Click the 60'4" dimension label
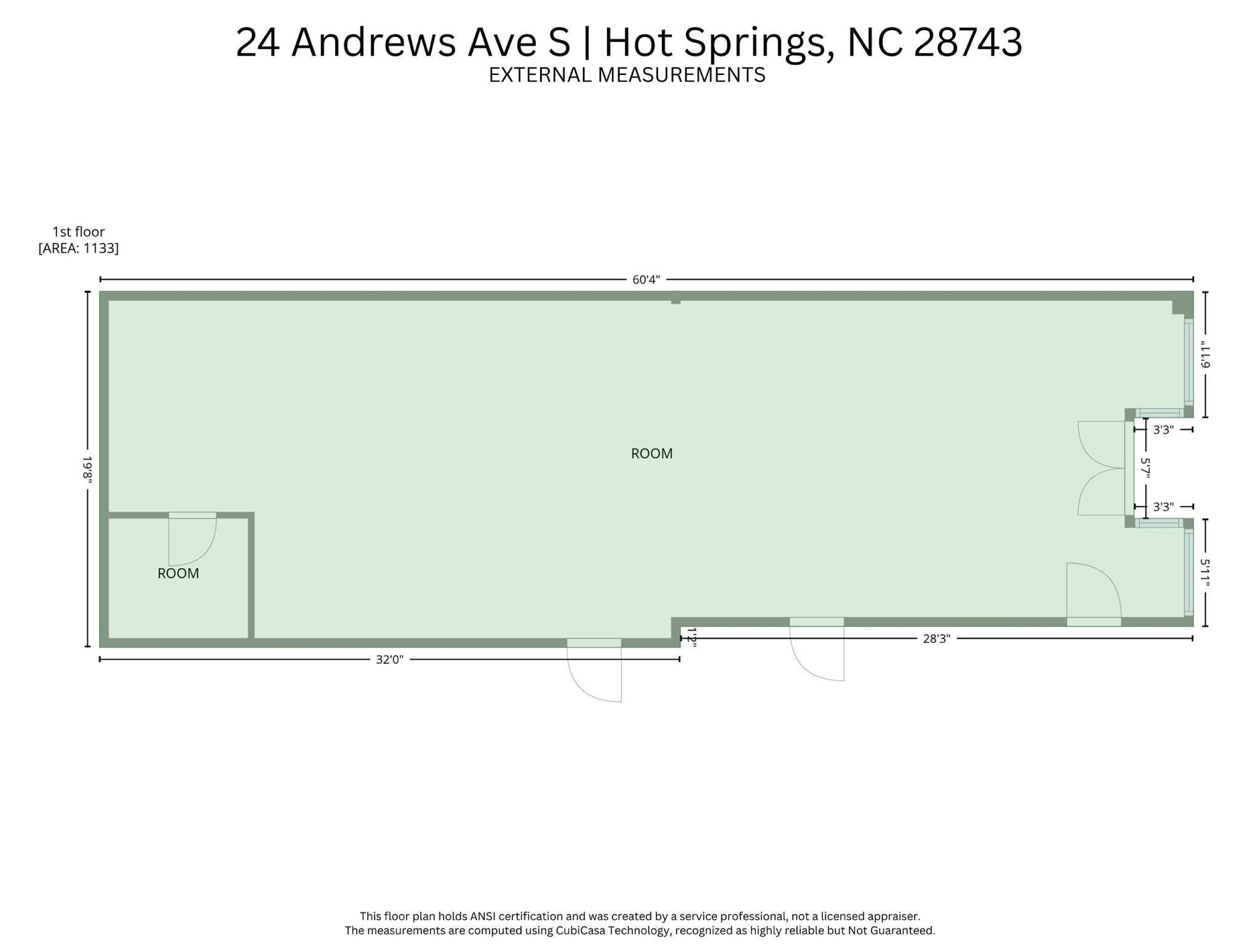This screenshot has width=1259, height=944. pyautogui.click(x=646, y=279)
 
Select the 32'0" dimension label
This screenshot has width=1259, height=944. pyautogui.click(x=389, y=659)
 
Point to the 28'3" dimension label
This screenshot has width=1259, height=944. pyautogui.click(x=936, y=639)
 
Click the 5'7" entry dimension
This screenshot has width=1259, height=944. pyautogui.click(x=1146, y=468)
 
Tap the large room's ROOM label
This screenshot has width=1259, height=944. pyautogui.click(x=652, y=454)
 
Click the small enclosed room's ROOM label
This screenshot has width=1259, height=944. pyautogui.click(x=178, y=573)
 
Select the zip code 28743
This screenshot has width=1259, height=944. pyautogui.click(x=968, y=42)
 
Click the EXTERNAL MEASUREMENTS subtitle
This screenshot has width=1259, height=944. pyautogui.click(x=626, y=75)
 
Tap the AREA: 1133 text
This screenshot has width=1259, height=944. pyautogui.click(x=78, y=249)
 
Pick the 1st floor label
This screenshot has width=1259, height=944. pyautogui.click(x=78, y=232)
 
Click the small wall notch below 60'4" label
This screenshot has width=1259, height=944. pyautogui.click(x=676, y=298)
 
